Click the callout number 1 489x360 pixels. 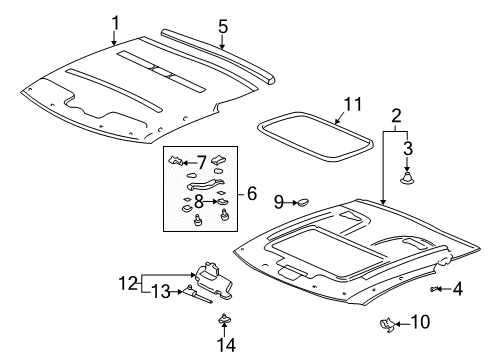115,23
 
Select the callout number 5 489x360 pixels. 223,26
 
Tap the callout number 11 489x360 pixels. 353,104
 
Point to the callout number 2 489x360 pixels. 396,116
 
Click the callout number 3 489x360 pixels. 408,149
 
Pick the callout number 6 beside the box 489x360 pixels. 252,193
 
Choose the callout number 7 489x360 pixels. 202,163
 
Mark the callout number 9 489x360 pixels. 279,202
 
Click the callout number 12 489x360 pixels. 128,283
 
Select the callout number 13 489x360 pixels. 161,292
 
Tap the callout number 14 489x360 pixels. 227,345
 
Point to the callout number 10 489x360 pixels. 420,322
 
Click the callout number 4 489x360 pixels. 458,289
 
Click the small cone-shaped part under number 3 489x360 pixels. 408,177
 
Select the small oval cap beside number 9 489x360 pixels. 303,202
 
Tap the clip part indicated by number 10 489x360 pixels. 387,324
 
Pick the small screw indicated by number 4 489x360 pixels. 433,289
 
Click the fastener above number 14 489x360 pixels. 225,318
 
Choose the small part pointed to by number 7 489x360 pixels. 175,161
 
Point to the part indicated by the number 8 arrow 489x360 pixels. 222,201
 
